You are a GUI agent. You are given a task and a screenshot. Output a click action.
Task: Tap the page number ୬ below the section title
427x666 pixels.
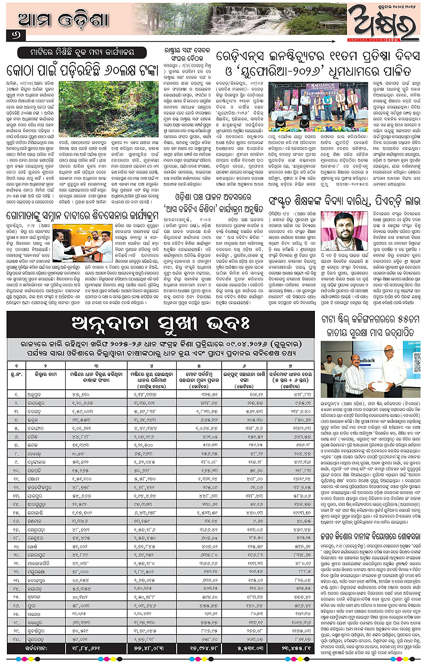point(11,35)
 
